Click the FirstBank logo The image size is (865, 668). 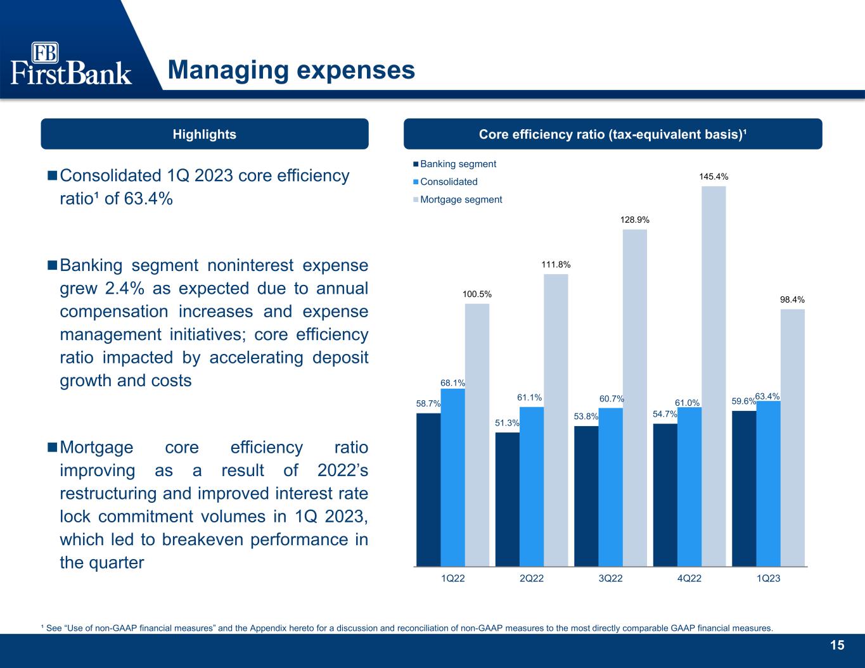point(71,63)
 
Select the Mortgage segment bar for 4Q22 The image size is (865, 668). point(714,376)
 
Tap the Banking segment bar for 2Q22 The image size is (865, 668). point(507,500)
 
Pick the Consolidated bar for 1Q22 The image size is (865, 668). point(452,477)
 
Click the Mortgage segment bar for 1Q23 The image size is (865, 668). point(792,438)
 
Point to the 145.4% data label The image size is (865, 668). point(714,177)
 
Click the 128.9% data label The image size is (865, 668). point(634,220)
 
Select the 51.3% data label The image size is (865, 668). point(507,423)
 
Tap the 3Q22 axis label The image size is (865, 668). point(610,578)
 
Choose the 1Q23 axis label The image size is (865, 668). point(768,578)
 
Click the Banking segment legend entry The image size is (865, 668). point(454,164)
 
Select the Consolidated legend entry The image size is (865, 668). point(445,182)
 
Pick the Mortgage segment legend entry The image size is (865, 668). point(458,199)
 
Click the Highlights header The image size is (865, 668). point(205,134)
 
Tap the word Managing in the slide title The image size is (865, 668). point(228,71)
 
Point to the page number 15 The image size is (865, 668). point(837,645)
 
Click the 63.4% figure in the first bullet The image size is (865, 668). point(148,198)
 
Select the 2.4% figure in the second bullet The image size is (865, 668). point(125,288)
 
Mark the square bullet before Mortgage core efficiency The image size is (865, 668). point(52,447)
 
